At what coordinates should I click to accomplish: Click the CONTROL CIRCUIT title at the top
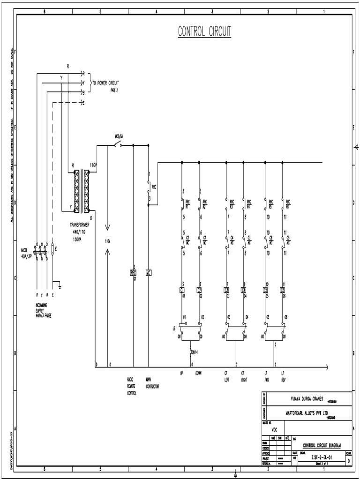tap(204, 31)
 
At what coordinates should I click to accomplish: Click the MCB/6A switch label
tap(119, 136)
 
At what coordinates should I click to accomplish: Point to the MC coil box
tap(148, 272)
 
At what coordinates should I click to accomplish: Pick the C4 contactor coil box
tap(243, 290)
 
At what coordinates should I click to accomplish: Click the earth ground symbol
tap(60, 285)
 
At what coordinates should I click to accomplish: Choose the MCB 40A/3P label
tap(27, 253)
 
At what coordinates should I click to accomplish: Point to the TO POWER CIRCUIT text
tap(102, 83)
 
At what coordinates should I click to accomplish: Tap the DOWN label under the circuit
tap(199, 374)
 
